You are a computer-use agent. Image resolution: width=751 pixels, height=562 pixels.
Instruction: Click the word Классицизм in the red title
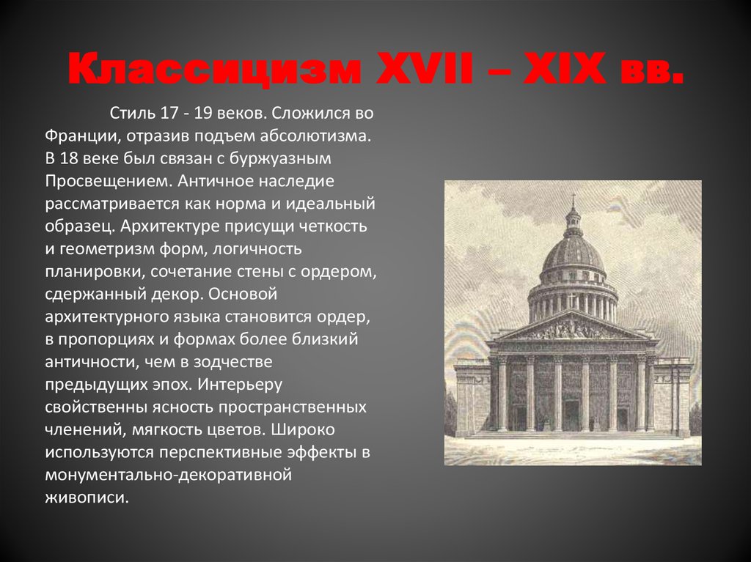click(x=213, y=69)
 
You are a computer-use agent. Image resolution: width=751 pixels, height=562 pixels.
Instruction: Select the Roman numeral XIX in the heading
click(x=565, y=69)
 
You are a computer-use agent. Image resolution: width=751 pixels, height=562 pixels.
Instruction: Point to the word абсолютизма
click(x=316, y=136)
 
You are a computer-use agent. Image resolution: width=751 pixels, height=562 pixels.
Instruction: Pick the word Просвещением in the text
click(x=109, y=182)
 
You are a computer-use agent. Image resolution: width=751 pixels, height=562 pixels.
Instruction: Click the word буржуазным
click(x=280, y=159)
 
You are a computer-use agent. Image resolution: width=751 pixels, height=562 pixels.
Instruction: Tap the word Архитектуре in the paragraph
click(x=169, y=226)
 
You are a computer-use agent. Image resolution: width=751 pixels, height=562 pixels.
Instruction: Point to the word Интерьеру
click(x=240, y=385)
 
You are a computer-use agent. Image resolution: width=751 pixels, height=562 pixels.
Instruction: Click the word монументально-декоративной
click(x=169, y=475)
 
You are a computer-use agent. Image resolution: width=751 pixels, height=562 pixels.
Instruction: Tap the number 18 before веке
click(x=69, y=159)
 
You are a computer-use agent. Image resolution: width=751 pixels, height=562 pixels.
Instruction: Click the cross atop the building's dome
click(x=573, y=200)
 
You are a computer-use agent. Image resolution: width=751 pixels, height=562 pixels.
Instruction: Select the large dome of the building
click(x=573, y=251)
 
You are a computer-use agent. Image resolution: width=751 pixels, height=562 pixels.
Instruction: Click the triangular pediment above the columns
click(x=573, y=327)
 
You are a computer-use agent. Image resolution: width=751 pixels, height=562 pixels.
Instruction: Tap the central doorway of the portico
click(x=572, y=415)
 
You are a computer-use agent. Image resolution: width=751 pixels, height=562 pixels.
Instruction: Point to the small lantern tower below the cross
click(x=573, y=221)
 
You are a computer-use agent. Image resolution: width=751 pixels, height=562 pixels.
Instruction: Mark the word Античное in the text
click(x=217, y=182)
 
